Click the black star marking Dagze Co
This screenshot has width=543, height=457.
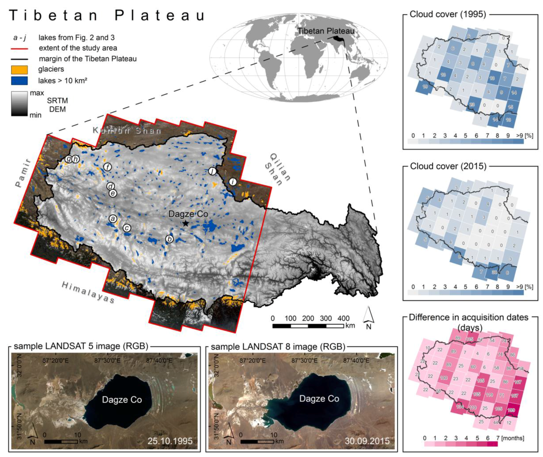point(185,223)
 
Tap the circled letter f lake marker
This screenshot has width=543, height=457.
point(107,167)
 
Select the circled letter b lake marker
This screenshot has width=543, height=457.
point(169,239)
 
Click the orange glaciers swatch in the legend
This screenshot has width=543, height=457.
point(19,70)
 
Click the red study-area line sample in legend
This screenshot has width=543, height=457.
point(19,48)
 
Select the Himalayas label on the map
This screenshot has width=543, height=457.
point(88,292)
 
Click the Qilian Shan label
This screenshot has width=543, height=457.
point(277,170)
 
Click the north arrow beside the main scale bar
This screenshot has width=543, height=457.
point(368,317)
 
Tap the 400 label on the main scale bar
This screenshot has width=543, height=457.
point(344,318)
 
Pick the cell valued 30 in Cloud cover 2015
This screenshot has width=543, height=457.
point(494,272)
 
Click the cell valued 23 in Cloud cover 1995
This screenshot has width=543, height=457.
point(472,105)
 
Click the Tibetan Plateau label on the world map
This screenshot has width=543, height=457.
point(326,31)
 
